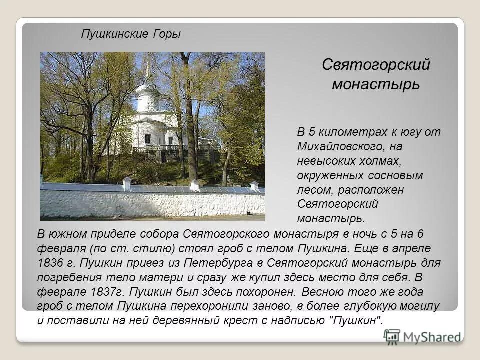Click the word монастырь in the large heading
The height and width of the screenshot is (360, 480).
376,84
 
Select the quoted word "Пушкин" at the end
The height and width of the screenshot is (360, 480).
357,321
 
